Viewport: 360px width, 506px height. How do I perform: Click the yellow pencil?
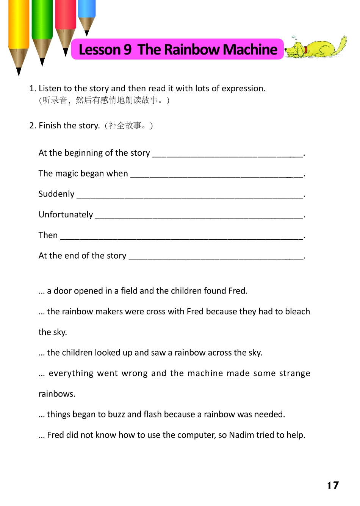19,30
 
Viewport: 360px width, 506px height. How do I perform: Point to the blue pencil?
87,13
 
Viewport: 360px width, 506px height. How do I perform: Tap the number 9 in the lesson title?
127,50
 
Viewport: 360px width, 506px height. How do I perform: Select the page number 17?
333,485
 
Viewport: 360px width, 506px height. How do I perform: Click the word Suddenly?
56,194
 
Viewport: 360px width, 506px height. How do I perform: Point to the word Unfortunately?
66,215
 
